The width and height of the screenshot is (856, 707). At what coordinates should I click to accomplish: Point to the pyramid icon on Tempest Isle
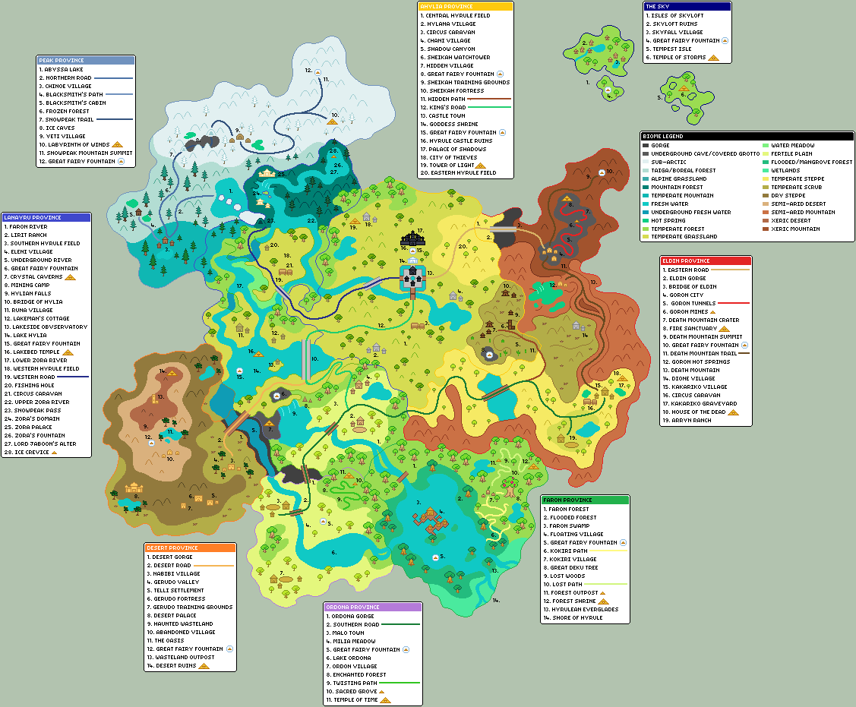(x=684, y=88)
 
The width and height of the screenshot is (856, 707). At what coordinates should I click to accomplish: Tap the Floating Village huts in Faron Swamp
(x=430, y=521)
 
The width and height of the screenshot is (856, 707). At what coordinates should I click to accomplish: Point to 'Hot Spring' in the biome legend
(x=668, y=220)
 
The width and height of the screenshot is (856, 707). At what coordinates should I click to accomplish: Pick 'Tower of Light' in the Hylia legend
(x=450, y=165)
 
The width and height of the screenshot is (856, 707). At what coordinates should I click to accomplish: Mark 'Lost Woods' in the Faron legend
(x=567, y=576)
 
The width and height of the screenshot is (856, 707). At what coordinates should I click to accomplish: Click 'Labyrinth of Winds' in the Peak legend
(x=77, y=144)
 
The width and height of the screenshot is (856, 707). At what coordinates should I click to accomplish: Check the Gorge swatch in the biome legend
(x=646, y=145)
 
